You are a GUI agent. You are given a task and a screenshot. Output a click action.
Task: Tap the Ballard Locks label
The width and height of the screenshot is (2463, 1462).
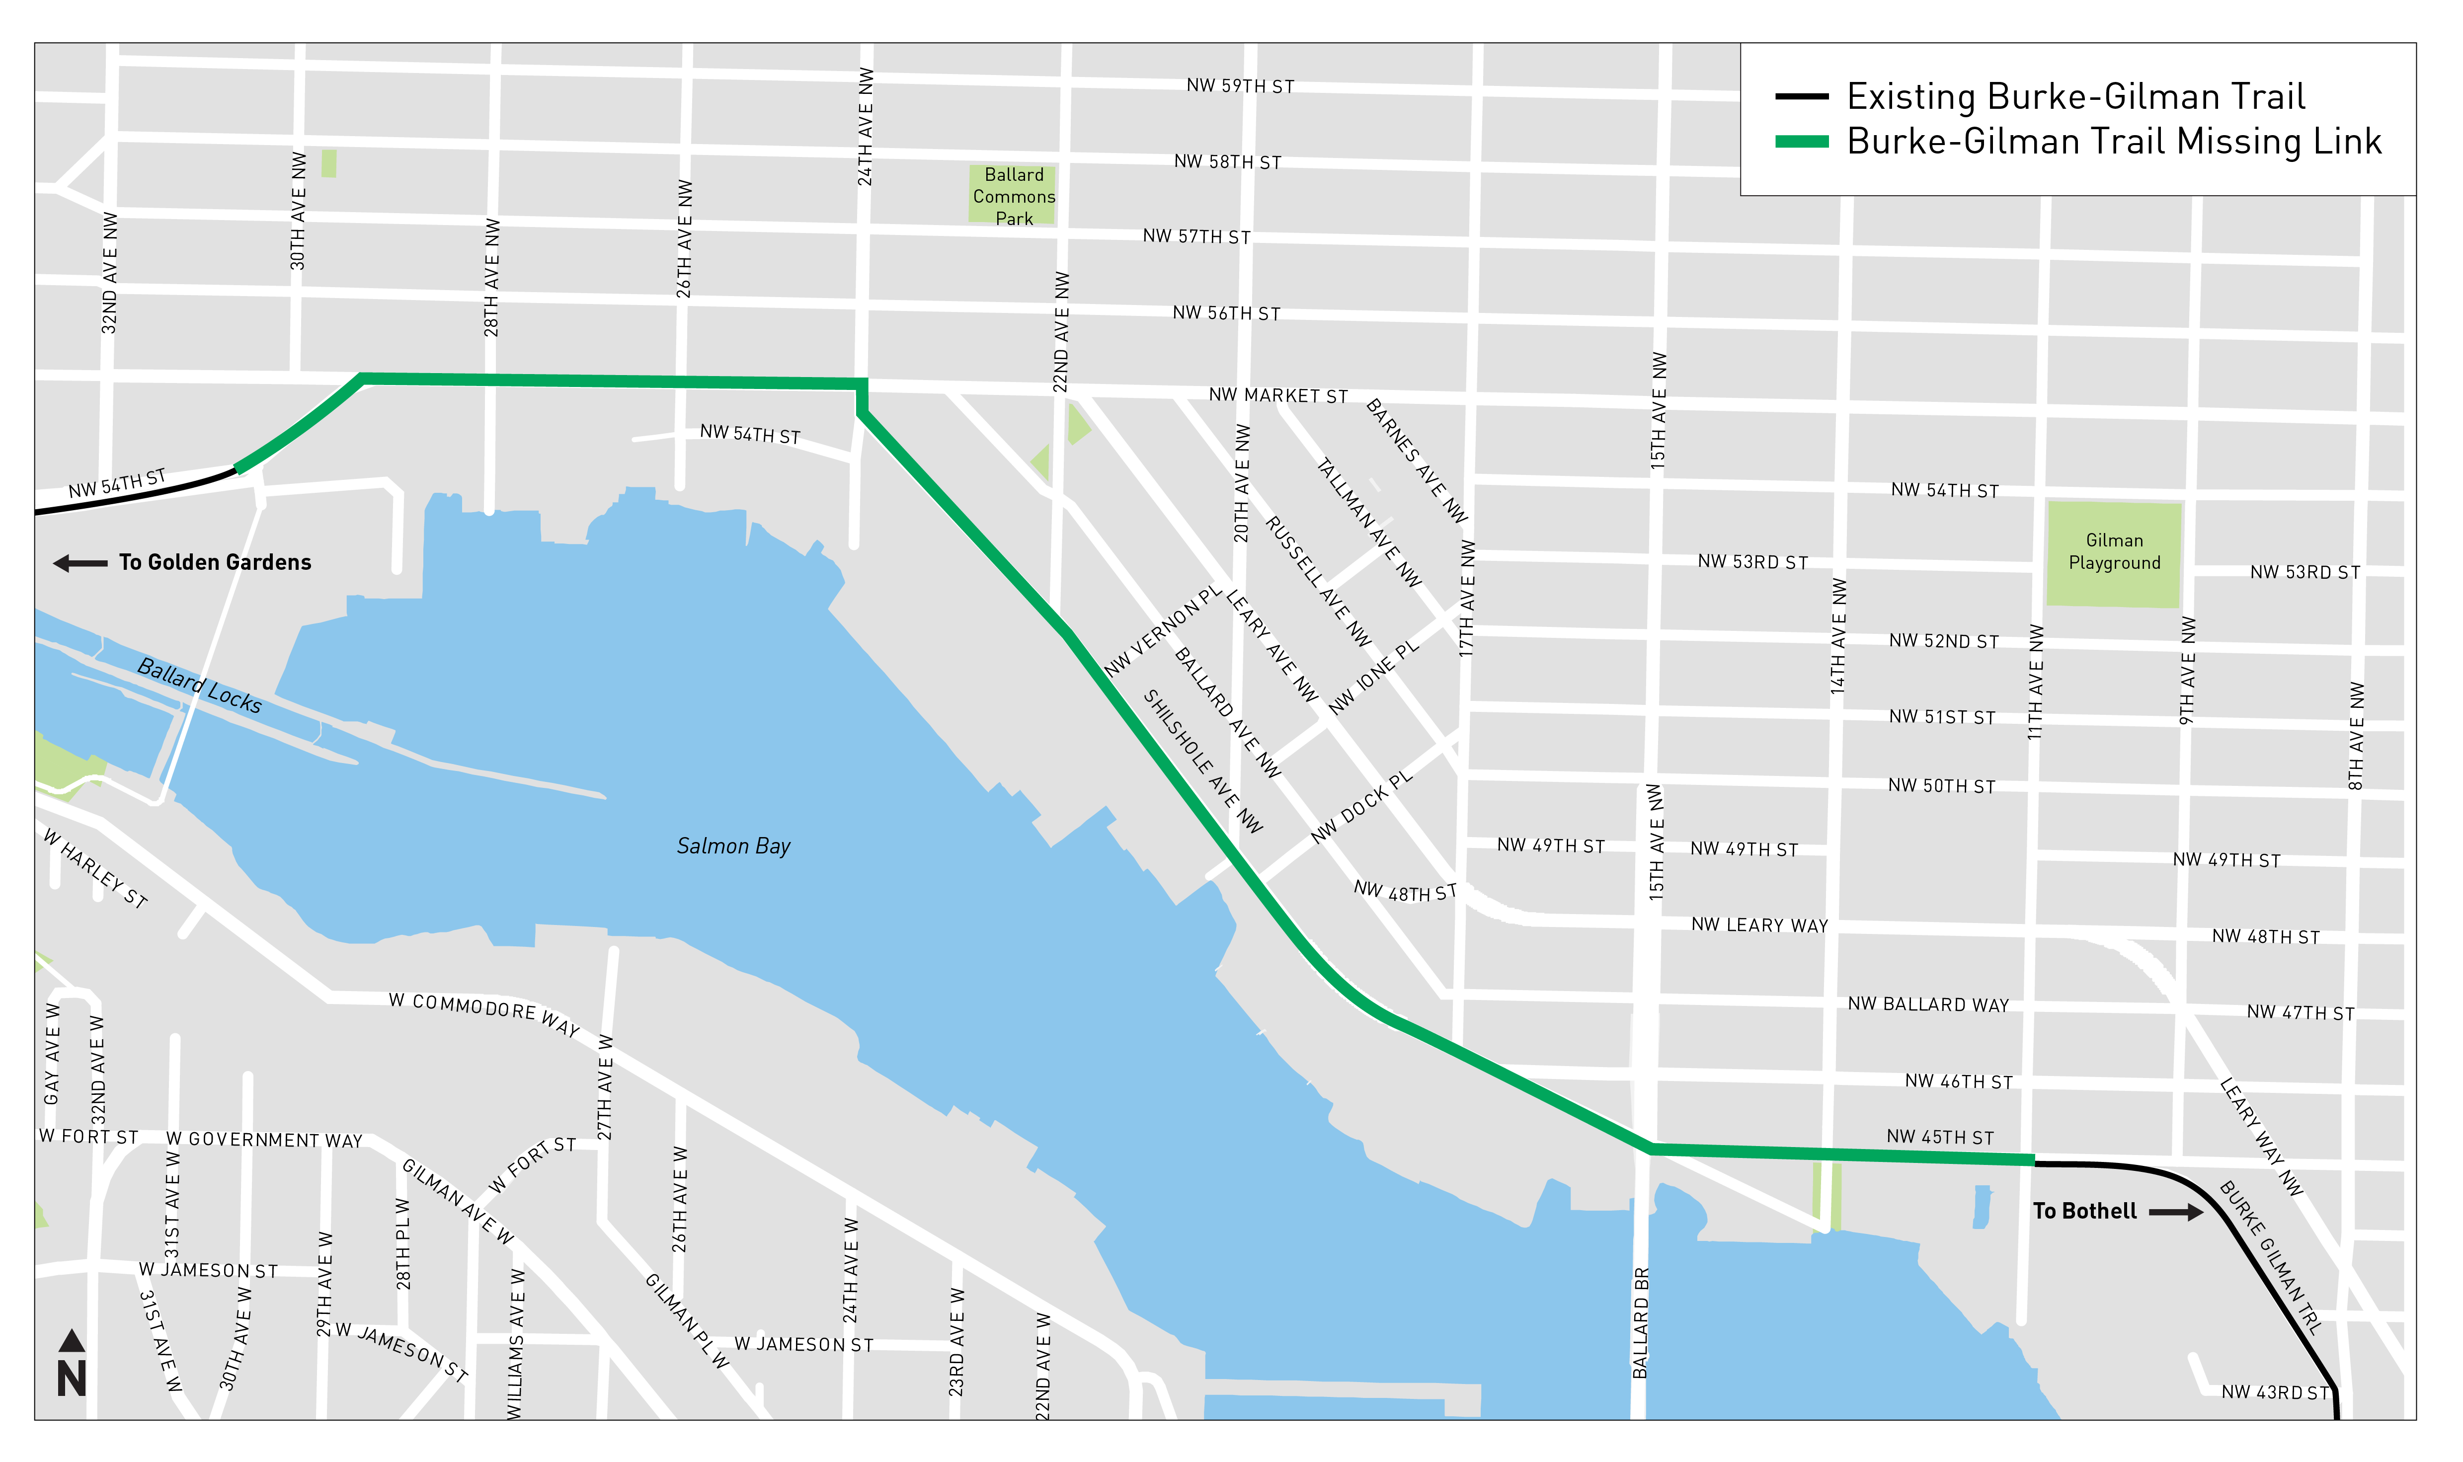199,686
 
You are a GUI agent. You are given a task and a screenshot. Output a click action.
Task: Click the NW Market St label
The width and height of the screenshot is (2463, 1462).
1278,395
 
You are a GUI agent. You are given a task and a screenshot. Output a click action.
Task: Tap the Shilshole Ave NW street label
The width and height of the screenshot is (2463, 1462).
1202,762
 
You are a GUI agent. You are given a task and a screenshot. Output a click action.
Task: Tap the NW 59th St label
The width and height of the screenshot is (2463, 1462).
1239,87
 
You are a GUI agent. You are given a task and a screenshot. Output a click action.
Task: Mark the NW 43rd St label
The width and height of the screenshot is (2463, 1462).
2275,1392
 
